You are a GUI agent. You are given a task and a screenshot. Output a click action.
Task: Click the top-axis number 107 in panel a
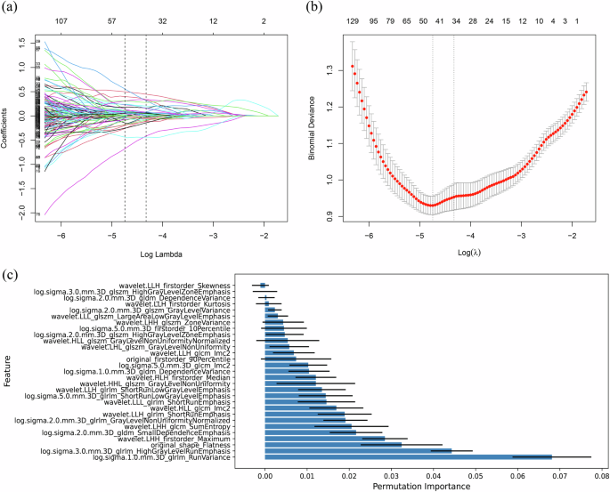[x=61, y=19]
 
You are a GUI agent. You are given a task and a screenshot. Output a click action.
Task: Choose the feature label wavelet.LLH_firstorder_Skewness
[x=175, y=285]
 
